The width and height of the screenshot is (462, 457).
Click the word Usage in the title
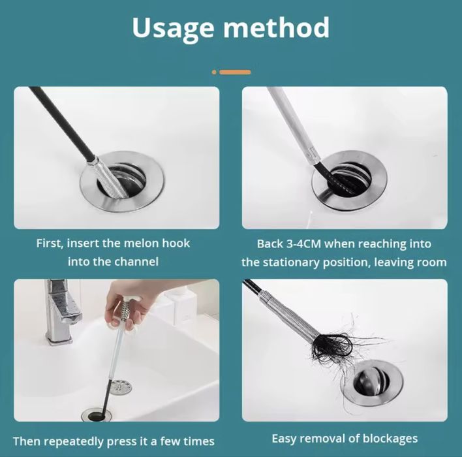[x=173, y=29]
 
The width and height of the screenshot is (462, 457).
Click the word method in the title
[x=277, y=27]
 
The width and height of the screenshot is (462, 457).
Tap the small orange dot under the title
[x=214, y=72]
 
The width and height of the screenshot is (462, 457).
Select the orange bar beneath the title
[x=235, y=72]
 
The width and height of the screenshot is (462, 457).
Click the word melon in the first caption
[x=141, y=244]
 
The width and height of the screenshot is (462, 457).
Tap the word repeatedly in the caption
[x=75, y=441]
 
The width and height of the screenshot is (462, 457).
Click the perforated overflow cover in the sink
[x=121, y=387]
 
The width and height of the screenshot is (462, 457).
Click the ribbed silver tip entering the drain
[x=111, y=180]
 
